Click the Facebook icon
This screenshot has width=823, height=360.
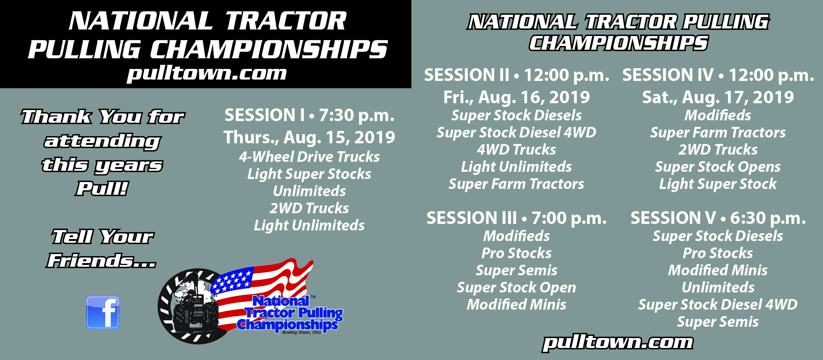tap(103, 312)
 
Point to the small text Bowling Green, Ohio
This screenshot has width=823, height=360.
tap(302, 332)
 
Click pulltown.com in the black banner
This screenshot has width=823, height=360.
tap(206, 73)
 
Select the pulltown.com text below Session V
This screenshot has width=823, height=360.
tap(618, 343)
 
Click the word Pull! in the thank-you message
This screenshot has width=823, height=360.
tap(102, 188)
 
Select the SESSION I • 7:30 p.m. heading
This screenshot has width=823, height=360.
tap(309, 115)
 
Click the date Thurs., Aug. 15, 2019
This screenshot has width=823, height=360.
tap(309, 137)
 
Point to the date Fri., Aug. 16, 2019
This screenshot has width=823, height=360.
tap(516, 97)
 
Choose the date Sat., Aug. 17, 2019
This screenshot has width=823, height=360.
tap(718, 97)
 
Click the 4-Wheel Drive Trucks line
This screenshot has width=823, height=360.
tap(309, 157)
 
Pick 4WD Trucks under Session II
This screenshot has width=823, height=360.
tap(516, 149)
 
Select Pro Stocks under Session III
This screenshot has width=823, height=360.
tap(516, 253)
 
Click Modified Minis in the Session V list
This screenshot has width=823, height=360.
tap(718, 270)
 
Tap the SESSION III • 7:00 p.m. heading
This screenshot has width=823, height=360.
tap(516, 218)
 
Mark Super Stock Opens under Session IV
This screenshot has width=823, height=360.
tap(718, 167)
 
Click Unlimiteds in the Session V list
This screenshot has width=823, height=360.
tap(718, 287)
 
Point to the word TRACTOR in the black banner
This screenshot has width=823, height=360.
tap(286, 21)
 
